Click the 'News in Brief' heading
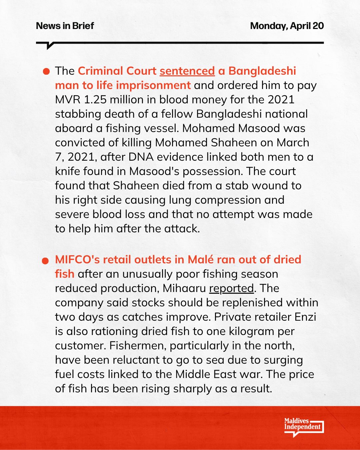pos(65,26)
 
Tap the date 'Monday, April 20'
pos(287,26)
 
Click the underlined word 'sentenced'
pos(187,71)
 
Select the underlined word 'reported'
pos(231,288)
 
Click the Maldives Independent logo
pos(303,426)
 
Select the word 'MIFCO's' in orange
pos(77,260)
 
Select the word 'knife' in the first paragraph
pos(68,171)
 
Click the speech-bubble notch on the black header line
pos(50,46)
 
